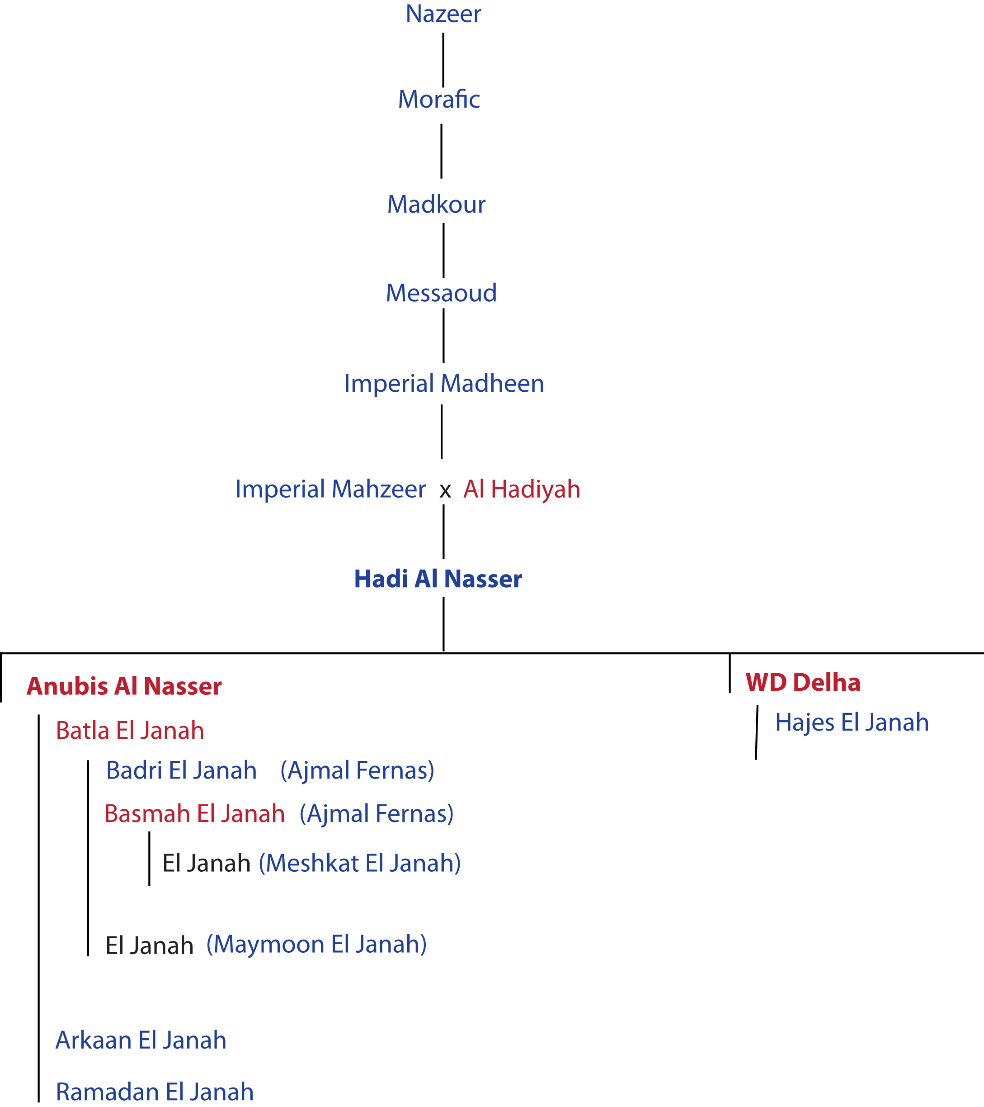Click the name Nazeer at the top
coord(443,14)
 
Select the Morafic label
coord(439,99)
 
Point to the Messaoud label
coord(441,293)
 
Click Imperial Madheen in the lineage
coord(444,384)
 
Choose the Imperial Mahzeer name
coord(330,489)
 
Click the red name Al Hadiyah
coord(522,489)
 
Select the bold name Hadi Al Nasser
coord(438,579)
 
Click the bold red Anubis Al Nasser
coord(124,686)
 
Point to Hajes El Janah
coord(852,722)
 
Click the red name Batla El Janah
coord(130,731)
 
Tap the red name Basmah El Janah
coord(195,813)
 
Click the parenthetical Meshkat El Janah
coord(360,863)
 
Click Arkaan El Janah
coord(141,1040)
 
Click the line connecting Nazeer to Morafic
coord(443,60)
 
